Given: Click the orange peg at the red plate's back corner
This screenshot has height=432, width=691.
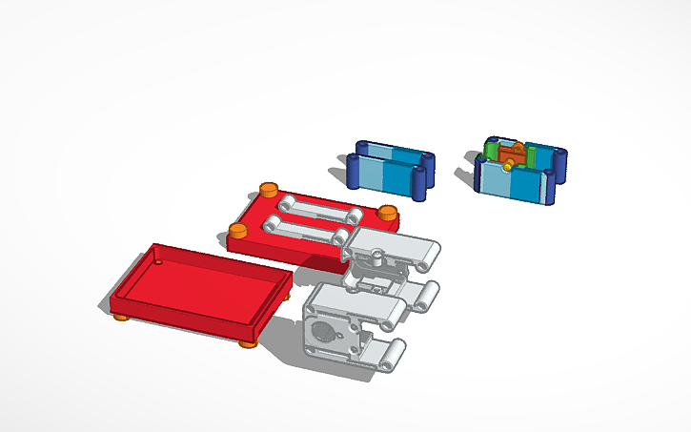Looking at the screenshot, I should tap(269, 188).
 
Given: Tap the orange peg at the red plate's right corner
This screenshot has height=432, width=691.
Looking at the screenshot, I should tap(386, 213).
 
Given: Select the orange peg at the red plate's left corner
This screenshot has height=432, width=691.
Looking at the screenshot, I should tap(237, 231).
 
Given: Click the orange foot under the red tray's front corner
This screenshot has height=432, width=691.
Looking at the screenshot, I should tap(247, 342).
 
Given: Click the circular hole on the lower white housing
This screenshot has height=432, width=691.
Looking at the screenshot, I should tap(324, 334).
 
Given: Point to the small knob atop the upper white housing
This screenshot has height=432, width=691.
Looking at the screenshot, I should tap(378, 255).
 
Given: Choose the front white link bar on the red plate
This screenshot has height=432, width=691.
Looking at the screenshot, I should tap(305, 228).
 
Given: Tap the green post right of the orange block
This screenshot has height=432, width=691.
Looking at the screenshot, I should tap(531, 153).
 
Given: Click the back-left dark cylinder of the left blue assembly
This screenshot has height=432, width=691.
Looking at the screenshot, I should tap(362, 148).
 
